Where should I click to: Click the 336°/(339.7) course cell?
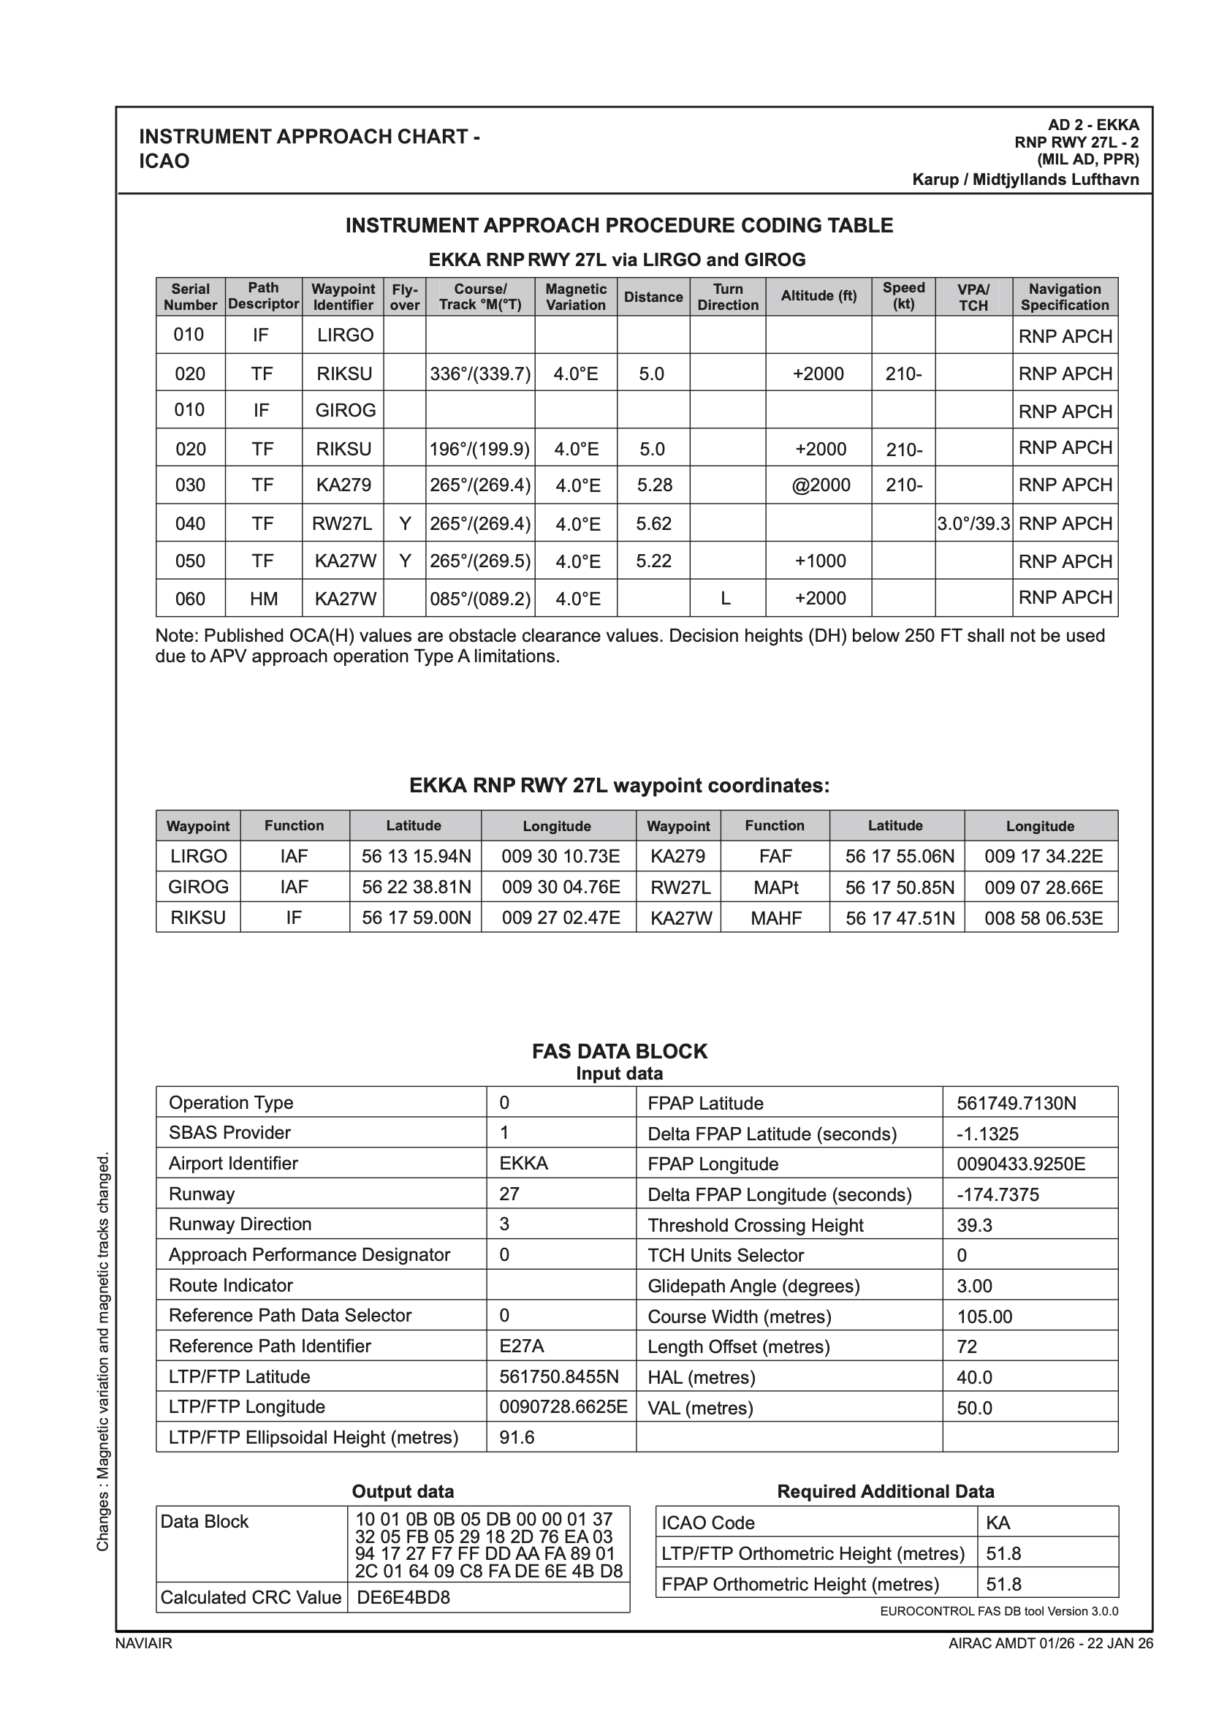[x=480, y=374]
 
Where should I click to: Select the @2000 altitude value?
[x=820, y=485]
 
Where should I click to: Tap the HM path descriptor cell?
[x=264, y=599]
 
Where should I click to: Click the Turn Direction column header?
[x=727, y=297]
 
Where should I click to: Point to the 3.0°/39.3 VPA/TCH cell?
[x=973, y=524]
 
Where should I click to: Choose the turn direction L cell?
[x=726, y=599]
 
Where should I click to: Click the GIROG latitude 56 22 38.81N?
[x=416, y=887]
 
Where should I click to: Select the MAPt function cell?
[x=775, y=887]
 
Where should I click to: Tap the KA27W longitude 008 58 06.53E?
[x=1043, y=918]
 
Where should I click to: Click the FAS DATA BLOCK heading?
[x=619, y=1051]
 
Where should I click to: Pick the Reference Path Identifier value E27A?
[x=522, y=1346]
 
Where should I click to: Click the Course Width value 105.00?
[x=984, y=1316]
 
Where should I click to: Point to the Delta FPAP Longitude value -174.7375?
[x=998, y=1194]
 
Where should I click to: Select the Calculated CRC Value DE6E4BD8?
[x=403, y=1597]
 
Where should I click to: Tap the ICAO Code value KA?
[x=998, y=1523]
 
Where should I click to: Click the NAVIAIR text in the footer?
[x=144, y=1643]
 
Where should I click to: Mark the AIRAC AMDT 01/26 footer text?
[x=1050, y=1643]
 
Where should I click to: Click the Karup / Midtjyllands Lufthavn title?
[x=1025, y=179]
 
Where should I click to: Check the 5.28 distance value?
[x=654, y=485]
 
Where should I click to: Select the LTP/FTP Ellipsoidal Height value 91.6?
[x=517, y=1436]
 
